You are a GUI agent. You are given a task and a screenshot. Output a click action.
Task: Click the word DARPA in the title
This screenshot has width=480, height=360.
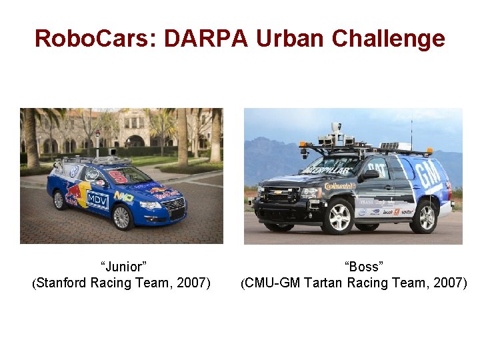click(203, 38)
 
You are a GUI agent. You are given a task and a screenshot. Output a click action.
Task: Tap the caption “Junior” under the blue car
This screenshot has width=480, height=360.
click(123, 267)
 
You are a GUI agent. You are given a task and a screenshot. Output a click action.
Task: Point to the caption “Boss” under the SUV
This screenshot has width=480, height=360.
click(363, 267)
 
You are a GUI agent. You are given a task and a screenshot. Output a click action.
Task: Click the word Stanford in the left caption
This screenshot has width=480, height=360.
click(61, 283)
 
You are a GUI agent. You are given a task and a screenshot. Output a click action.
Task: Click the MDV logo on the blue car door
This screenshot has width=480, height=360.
click(98, 199)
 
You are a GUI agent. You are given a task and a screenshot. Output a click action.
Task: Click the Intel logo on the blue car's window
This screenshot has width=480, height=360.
click(93, 175)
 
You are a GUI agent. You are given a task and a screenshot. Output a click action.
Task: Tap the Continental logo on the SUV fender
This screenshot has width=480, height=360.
click(340, 186)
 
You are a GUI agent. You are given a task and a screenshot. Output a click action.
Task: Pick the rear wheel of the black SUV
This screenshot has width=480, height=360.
click(423, 217)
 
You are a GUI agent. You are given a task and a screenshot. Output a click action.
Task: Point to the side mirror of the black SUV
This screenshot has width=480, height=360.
click(370, 174)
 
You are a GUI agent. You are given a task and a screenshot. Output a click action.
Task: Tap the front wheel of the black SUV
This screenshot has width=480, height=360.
click(337, 216)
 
